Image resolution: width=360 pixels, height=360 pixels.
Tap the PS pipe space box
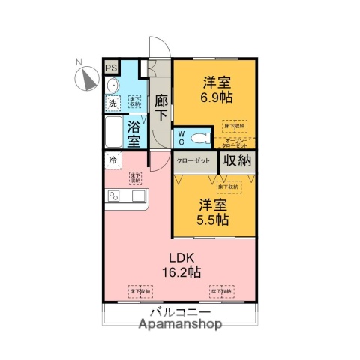pyautogui.click(x=111, y=67)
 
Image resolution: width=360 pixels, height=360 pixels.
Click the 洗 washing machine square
pyautogui.click(x=112, y=103)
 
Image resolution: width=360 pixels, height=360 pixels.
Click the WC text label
pyautogui.click(x=181, y=138)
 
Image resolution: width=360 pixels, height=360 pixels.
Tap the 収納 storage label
pyautogui.click(x=238, y=161)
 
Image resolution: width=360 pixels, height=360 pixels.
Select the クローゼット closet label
pyautogui.click(x=194, y=161)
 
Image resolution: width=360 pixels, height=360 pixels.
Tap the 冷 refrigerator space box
pyautogui.click(x=112, y=160)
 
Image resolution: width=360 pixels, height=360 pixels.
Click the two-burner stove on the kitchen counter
pyautogui.click(x=114, y=196)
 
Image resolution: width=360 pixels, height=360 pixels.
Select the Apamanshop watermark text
pyautogui.click(x=179, y=325)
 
